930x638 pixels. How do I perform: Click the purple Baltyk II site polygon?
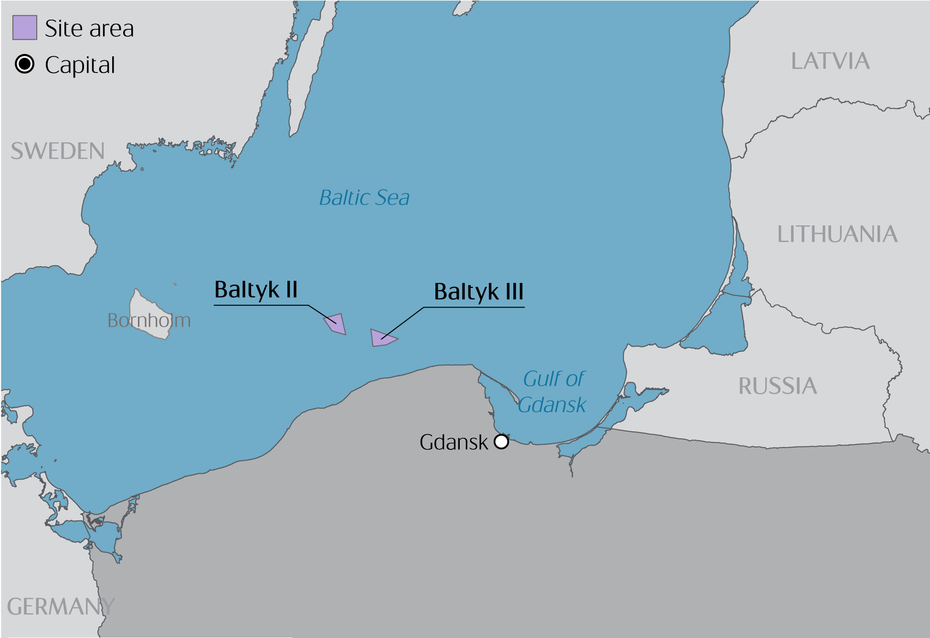point(336,324)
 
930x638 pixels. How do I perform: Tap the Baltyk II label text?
point(256,290)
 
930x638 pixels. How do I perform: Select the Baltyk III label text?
point(478,292)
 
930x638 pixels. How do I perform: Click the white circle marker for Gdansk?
point(501,442)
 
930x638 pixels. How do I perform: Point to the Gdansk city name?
point(454,442)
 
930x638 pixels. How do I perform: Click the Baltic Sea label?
point(364,198)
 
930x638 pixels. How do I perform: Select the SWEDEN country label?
point(58,151)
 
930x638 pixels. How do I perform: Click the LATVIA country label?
point(830,62)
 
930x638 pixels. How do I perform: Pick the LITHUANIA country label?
point(837,234)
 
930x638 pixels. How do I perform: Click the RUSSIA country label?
point(778,386)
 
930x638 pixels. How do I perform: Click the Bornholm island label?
point(149,320)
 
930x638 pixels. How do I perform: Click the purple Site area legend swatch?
point(24,28)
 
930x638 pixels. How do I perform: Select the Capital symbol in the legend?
point(24,64)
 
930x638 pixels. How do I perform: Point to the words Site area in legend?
point(89,29)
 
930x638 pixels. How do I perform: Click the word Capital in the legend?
point(80,65)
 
